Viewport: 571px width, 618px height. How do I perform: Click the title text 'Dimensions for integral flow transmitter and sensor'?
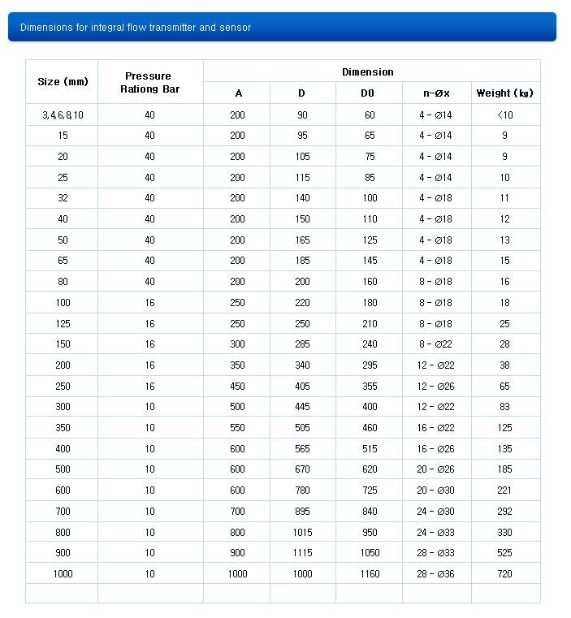[x=136, y=28]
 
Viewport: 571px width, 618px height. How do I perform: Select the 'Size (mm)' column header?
[x=63, y=82]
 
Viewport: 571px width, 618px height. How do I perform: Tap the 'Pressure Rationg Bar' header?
[x=149, y=83]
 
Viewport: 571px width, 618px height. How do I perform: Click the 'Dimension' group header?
[x=367, y=72]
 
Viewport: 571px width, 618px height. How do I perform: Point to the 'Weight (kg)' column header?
[x=504, y=93]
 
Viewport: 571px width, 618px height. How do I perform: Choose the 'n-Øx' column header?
[x=435, y=93]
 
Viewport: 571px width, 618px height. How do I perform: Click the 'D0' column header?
[x=368, y=93]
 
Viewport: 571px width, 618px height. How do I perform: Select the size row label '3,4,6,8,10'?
[x=63, y=115]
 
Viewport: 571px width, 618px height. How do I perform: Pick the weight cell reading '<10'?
[x=504, y=115]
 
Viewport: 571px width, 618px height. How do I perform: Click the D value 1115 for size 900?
[x=302, y=553]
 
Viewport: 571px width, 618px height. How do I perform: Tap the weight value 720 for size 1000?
[x=504, y=574]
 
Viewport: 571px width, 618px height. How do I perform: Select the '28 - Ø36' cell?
[x=435, y=574]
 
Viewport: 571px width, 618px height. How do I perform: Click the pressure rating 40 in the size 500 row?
[x=149, y=469]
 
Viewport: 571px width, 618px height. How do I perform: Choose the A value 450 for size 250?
[x=237, y=387]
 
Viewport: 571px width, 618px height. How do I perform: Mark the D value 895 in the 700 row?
[x=302, y=512]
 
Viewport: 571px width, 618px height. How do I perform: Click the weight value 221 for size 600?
[x=504, y=491]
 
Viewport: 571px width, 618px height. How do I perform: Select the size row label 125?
[x=63, y=324]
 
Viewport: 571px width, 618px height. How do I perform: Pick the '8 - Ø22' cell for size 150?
[x=435, y=344]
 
